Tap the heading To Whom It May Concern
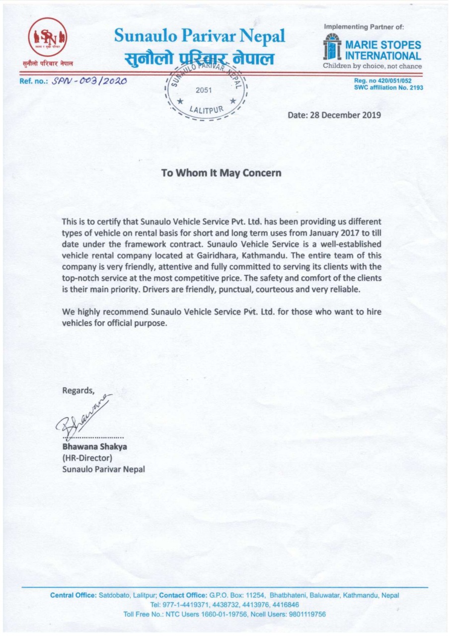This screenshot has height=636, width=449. (221, 173)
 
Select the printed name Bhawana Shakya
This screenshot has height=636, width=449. (94, 446)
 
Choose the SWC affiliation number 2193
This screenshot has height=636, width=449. (415, 87)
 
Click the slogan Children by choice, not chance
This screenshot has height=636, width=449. (373, 66)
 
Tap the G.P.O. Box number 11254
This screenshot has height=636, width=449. (255, 595)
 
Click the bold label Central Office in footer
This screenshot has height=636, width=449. (73, 595)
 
